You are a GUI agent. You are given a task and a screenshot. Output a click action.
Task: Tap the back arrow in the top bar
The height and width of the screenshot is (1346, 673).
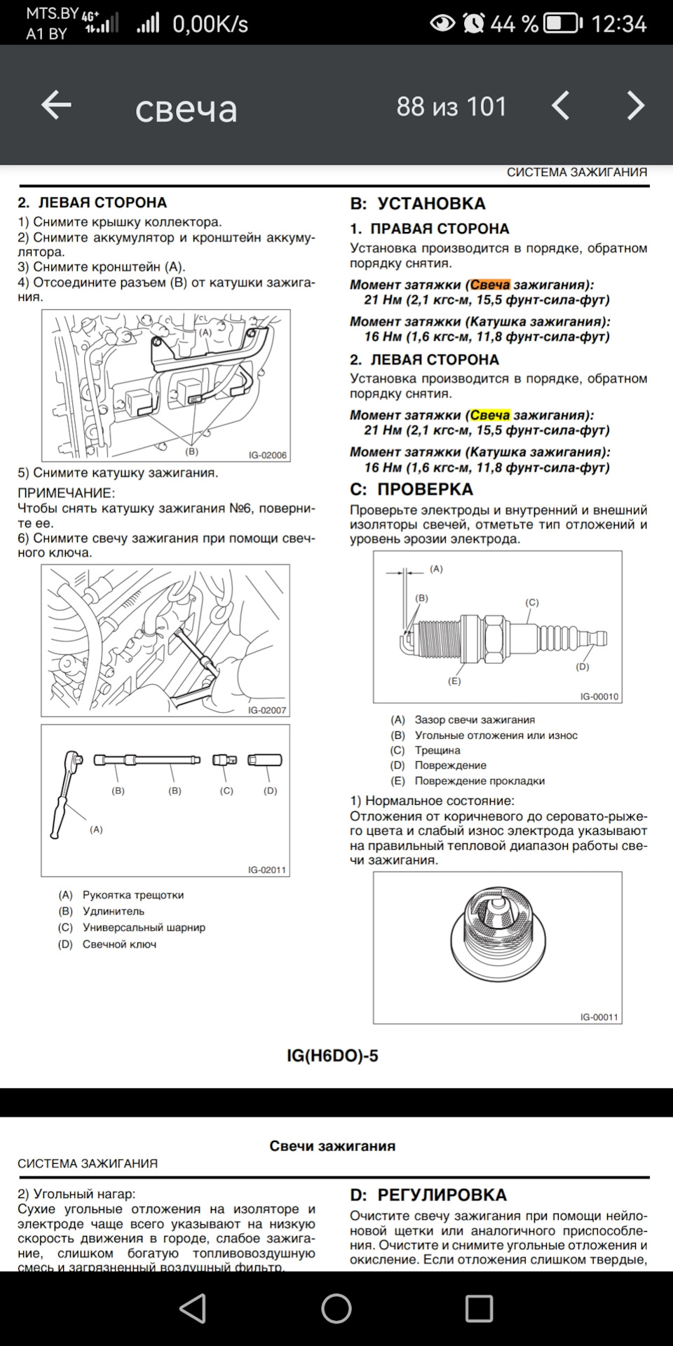coord(56,106)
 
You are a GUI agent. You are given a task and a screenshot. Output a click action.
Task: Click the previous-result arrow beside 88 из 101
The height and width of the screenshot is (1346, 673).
coord(560,106)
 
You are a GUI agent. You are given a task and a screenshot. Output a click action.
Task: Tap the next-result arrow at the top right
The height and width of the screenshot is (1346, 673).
coord(635,106)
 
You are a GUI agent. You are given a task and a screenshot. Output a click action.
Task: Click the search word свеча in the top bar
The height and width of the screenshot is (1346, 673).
coord(186,108)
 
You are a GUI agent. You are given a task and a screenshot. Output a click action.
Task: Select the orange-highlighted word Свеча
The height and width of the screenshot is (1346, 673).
coord(490,285)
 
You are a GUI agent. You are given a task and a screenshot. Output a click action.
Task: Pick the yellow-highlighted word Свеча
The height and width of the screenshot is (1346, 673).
coord(490,415)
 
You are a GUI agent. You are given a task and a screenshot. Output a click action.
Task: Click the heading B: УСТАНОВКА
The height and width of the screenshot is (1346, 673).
coord(418,203)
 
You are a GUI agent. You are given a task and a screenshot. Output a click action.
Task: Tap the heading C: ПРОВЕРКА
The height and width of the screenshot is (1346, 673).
coord(412,489)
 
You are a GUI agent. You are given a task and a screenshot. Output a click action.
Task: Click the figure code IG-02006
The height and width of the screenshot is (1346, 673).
coord(267,455)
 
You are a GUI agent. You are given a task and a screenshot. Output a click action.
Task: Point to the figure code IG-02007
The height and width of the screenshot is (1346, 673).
coord(267,710)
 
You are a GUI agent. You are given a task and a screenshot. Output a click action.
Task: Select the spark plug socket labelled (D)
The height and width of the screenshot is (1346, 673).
coord(265,760)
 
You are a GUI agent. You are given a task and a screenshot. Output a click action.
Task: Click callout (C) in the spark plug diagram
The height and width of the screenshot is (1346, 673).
coord(532,602)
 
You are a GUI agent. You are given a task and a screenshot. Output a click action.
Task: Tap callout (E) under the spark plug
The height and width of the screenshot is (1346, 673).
coord(454,681)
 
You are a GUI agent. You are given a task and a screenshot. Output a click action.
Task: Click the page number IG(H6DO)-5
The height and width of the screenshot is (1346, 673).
coord(332,1056)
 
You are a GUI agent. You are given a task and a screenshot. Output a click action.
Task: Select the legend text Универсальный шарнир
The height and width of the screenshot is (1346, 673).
coord(144,927)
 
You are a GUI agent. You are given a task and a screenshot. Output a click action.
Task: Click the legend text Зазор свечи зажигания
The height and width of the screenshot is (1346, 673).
coord(475,719)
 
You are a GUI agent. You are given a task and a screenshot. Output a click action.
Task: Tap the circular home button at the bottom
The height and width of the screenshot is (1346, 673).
coord(336,1308)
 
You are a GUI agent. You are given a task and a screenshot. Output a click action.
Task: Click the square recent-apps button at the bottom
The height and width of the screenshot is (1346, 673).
coord(480,1308)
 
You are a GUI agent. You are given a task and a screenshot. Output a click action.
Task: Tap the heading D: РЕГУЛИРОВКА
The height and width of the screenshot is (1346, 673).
coord(428,1195)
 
